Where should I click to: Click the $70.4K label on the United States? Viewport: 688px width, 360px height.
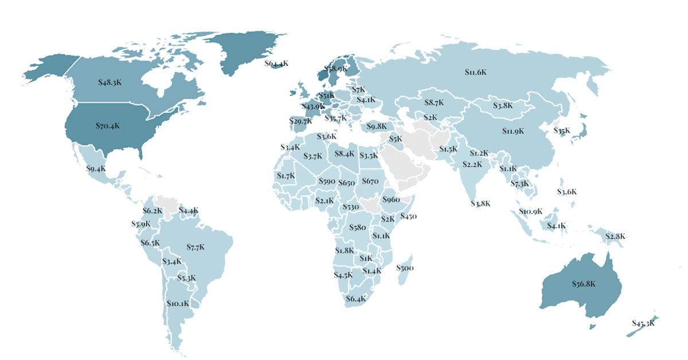(107, 125)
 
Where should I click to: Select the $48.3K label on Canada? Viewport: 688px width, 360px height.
(110, 83)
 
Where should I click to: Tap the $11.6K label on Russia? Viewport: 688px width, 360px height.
(475, 72)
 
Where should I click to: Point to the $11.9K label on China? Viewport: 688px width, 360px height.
(513, 131)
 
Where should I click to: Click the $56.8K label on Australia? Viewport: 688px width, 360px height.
(584, 283)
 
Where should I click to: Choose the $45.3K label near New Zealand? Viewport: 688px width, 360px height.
(643, 323)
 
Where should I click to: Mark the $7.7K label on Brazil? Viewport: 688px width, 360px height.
(196, 247)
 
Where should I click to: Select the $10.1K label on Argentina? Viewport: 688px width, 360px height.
(178, 303)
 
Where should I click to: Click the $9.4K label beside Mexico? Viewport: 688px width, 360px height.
(96, 169)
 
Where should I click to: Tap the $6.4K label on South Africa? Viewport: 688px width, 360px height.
(355, 299)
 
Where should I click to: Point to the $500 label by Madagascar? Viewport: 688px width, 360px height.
(405, 268)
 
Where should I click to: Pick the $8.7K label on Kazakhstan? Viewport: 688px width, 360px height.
(434, 103)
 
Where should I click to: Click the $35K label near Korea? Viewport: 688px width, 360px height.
(562, 131)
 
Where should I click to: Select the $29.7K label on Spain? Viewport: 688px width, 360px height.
(300, 121)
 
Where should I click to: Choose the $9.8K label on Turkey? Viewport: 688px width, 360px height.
(377, 126)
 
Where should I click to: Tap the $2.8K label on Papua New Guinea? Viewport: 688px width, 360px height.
(615, 236)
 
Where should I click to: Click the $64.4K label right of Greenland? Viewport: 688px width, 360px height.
(276, 64)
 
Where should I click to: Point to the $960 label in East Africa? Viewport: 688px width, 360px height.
(390, 199)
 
